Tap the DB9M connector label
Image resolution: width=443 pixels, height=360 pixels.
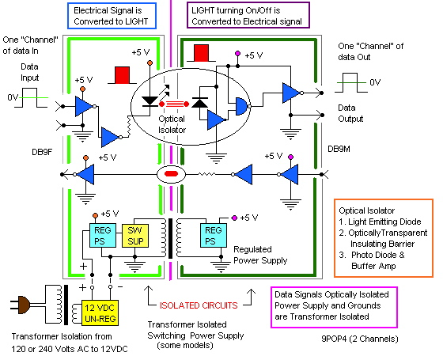[x=342, y=148]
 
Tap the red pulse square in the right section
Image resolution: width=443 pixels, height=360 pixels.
[x=200, y=53]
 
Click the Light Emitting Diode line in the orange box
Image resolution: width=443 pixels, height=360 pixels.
[x=383, y=234]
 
